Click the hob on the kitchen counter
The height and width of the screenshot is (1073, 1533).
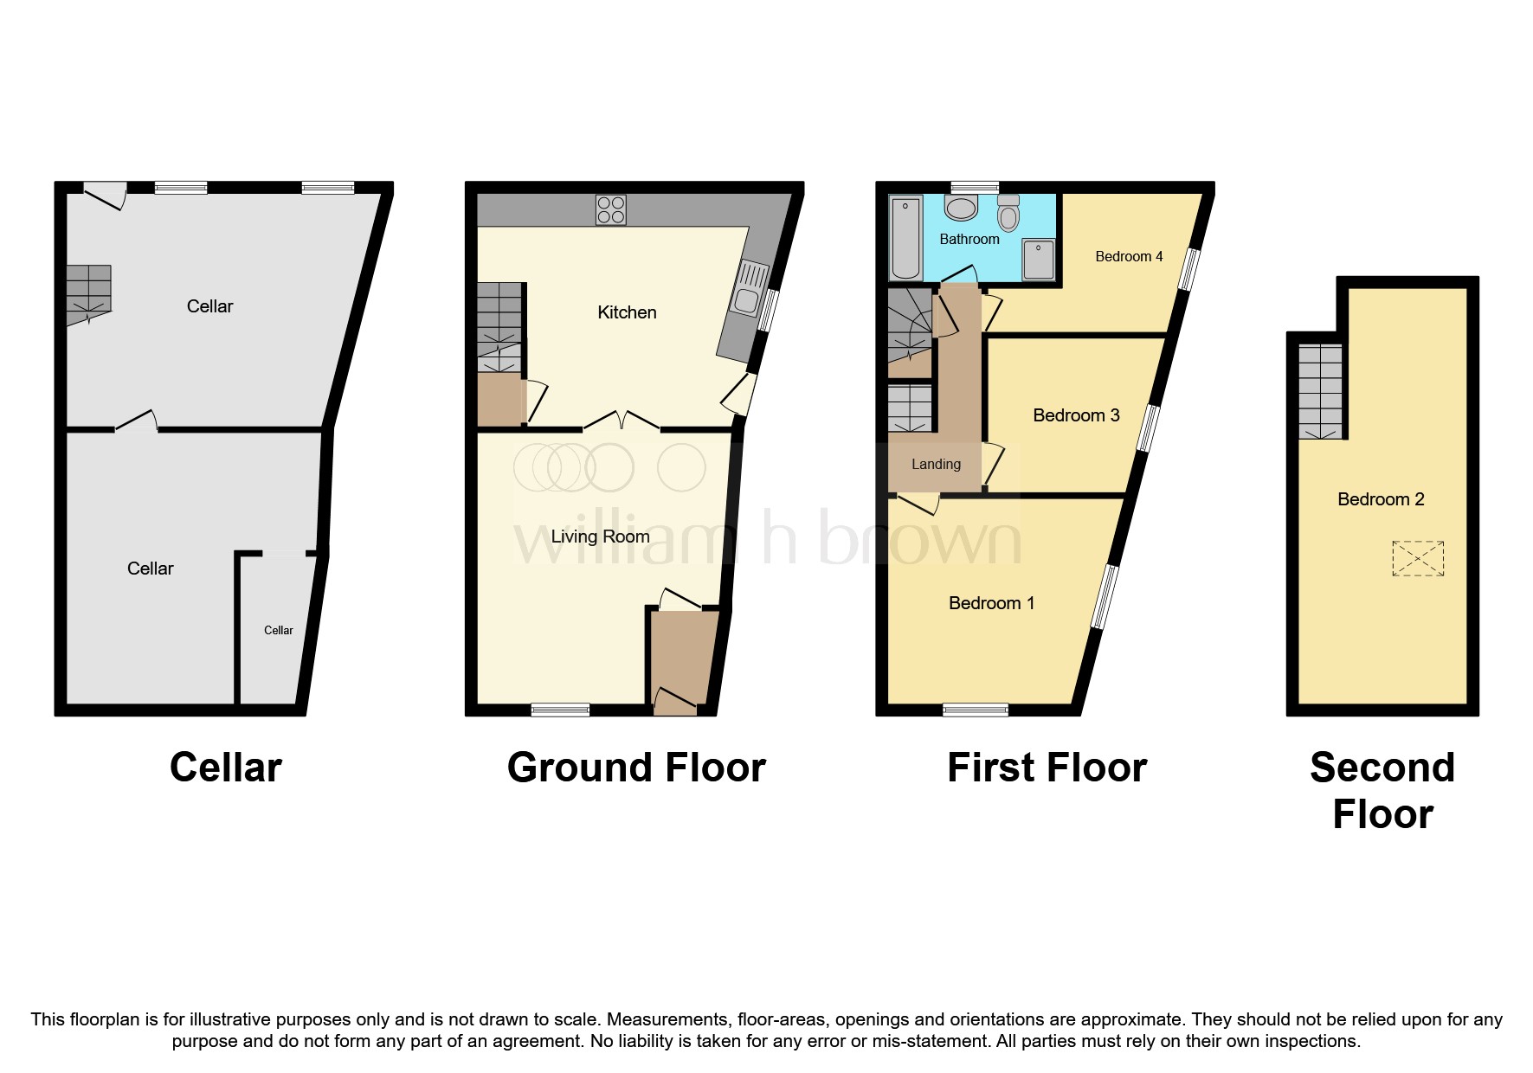[610, 210]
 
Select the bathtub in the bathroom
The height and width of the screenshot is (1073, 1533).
[905, 237]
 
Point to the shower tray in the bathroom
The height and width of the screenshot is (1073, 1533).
[1039, 260]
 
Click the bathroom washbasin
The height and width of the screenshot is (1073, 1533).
[961, 208]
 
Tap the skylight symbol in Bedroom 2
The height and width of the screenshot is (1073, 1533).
[1418, 558]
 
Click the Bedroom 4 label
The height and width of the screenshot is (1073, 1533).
[1129, 256]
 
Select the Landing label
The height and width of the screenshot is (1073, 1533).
[936, 465]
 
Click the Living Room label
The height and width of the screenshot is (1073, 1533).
[600, 536]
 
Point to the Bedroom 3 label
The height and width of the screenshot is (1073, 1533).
[1076, 415]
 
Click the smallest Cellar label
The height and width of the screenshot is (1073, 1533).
[278, 630]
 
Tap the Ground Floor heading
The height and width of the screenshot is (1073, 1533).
[636, 768]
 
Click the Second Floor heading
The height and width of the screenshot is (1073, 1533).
[1382, 790]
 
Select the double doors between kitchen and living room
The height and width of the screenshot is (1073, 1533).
[622, 422]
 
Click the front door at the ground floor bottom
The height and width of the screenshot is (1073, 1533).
[675, 702]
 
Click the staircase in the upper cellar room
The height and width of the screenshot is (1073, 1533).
[89, 292]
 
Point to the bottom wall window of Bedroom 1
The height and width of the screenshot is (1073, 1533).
[976, 710]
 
